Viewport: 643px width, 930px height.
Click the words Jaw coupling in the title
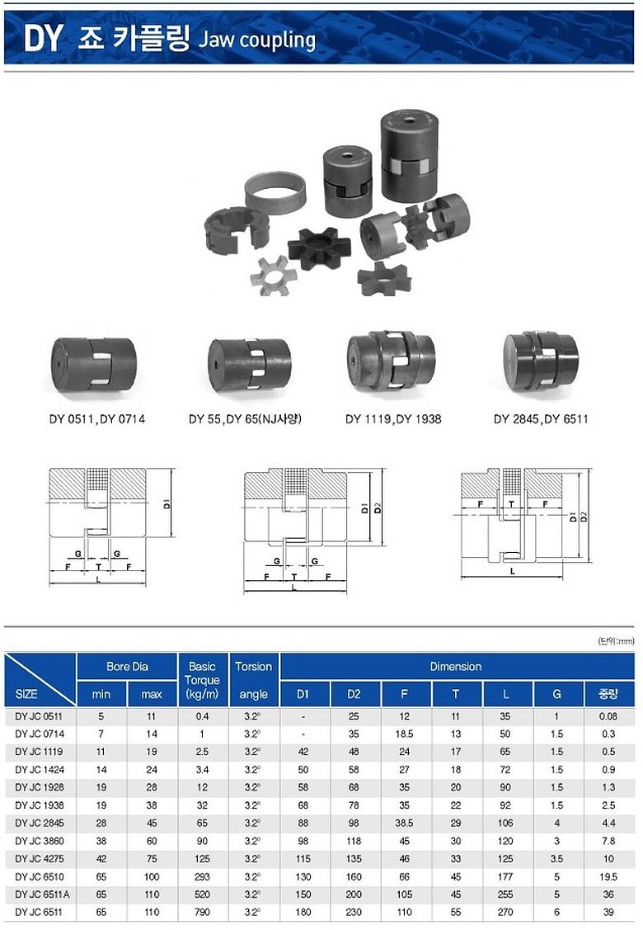coord(256,40)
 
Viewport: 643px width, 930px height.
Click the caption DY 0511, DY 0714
coord(96,419)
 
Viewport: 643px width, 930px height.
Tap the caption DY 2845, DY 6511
coord(541,419)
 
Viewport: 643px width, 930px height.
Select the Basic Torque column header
coord(202,680)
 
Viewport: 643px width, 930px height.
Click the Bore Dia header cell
coord(127,667)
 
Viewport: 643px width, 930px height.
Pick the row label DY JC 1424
coord(40,770)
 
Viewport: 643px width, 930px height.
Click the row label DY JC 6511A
coord(42,895)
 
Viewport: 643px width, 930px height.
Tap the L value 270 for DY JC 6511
coord(505,912)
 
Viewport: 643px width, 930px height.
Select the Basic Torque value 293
coord(202,876)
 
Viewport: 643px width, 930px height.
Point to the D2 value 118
coord(354,841)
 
